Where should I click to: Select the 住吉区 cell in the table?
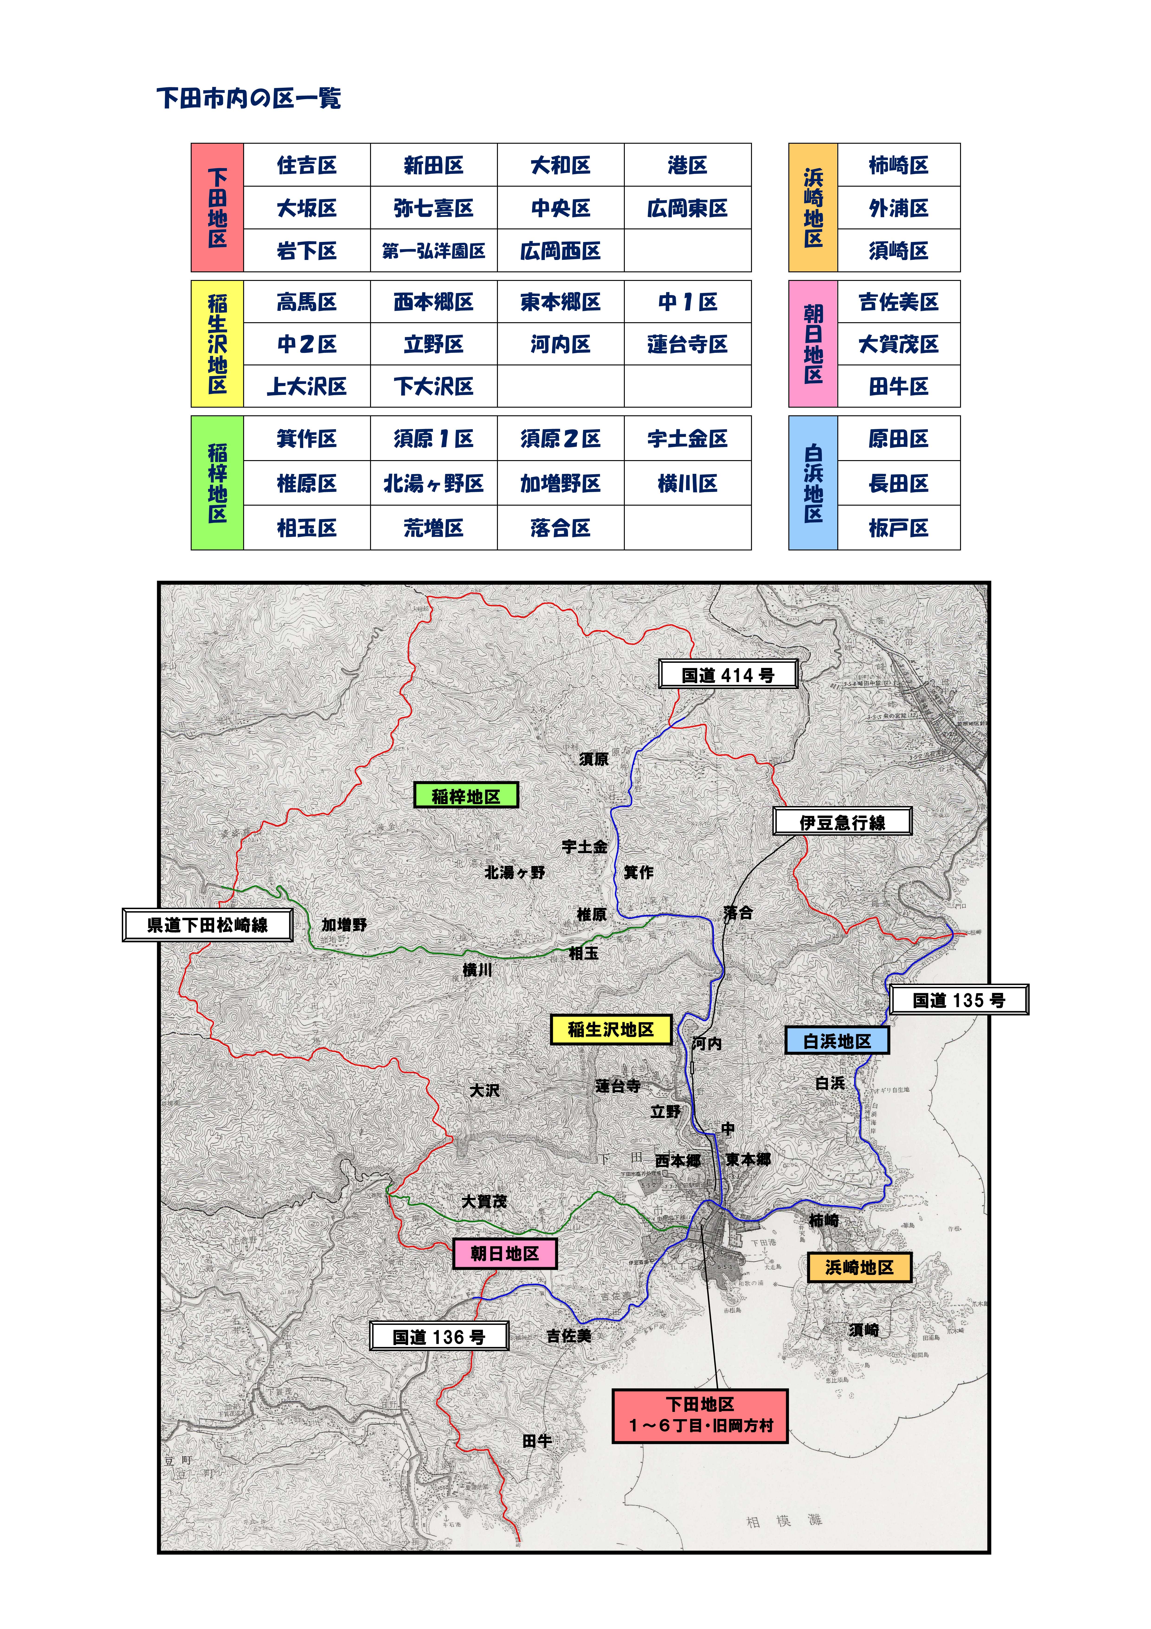(306, 165)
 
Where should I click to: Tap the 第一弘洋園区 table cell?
(433, 250)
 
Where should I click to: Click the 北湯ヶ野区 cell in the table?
(433, 484)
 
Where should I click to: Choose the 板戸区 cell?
(899, 528)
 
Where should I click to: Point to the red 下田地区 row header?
(217, 207)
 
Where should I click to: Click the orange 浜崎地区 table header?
(813, 207)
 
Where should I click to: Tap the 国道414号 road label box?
(728, 675)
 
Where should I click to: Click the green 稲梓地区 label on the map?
(466, 796)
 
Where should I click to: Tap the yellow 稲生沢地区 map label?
(611, 1030)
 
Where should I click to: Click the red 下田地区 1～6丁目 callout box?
(700, 1415)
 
